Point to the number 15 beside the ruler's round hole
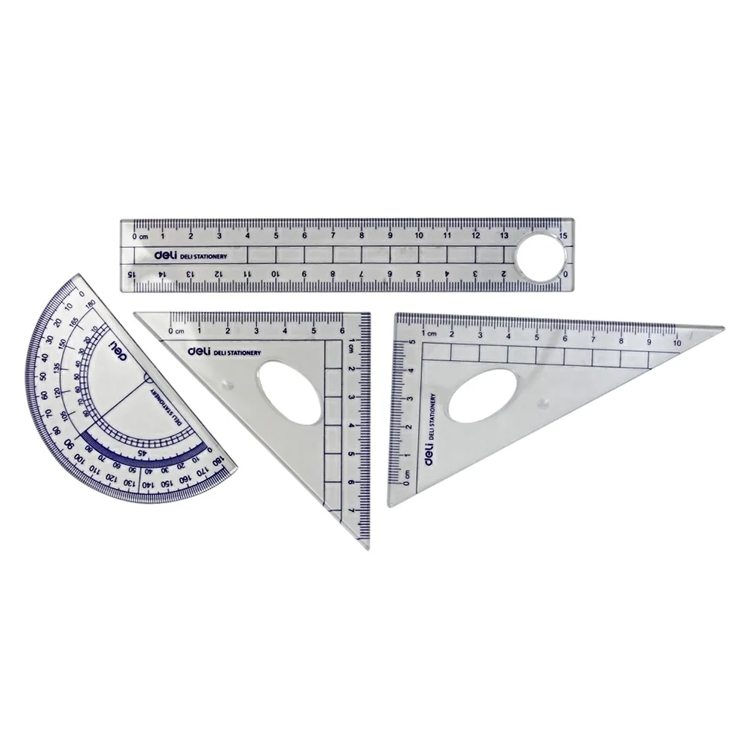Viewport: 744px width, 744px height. [564, 236]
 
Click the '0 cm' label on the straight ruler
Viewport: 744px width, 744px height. [139, 236]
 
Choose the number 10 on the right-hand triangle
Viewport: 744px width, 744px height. [677, 343]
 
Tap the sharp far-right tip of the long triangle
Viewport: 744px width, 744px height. [722, 327]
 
